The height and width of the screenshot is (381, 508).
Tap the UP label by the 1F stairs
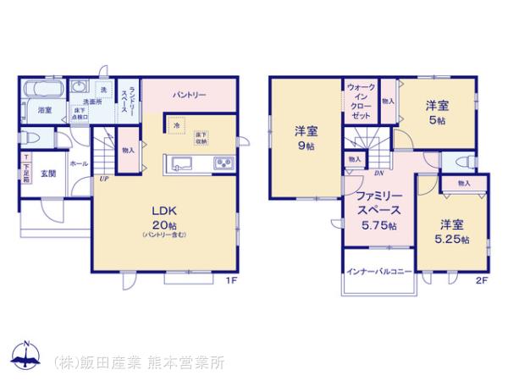coord(102,179)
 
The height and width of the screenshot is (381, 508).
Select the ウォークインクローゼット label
coord(361,102)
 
